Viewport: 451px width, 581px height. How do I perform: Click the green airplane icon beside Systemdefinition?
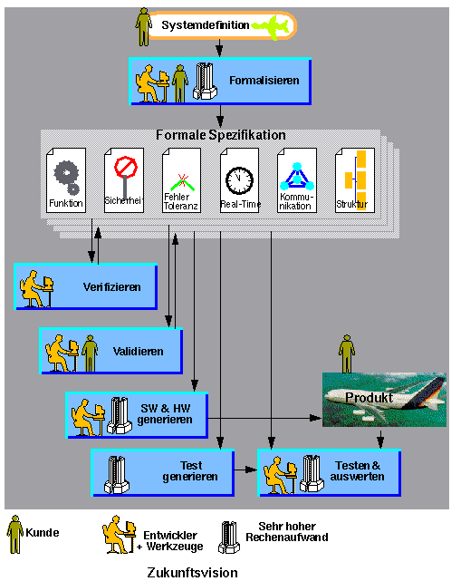point(271,26)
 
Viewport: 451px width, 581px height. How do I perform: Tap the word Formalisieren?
point(264,81)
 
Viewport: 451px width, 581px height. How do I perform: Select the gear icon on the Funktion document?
point(67,177)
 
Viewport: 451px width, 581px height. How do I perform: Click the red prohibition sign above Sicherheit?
point(126,167)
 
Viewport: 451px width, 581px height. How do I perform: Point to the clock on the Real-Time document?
point(240,180)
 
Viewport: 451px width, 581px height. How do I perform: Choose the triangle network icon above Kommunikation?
point(297,177)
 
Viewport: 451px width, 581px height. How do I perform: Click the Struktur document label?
point(351,204)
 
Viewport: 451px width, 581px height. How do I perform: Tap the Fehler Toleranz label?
point(181,201)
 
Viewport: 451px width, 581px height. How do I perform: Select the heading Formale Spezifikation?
point(221,135)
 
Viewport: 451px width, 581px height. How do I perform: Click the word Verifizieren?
point(111,287)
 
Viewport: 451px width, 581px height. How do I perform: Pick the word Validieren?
point(139,352)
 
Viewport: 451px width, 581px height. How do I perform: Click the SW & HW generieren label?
point(165,414)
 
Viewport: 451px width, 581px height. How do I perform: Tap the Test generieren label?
point(190,471)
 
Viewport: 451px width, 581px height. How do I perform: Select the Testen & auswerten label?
point(358,470)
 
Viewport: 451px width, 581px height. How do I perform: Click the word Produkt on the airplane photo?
point(369,398)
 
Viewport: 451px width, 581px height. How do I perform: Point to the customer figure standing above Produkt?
point(347,353)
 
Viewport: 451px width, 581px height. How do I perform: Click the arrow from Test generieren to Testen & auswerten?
point(245,470)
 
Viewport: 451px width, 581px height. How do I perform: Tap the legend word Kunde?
point(43,533)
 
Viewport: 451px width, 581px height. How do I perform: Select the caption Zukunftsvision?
point(193,573)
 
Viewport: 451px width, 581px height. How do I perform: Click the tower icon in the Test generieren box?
point(117,475)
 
